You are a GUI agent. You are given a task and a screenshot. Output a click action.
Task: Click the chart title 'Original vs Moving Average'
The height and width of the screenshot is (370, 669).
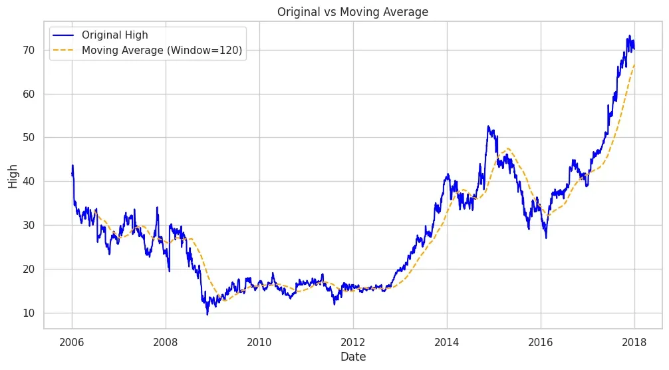click(x=353, y=11)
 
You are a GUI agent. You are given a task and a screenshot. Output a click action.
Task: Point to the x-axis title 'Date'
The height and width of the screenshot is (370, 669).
click(x=353, y=357)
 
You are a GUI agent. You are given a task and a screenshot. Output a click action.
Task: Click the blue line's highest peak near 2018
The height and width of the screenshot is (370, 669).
click(x=630, y=36)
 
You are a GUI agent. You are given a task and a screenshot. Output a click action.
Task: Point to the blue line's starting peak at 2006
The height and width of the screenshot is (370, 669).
click(x=72, y=165)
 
